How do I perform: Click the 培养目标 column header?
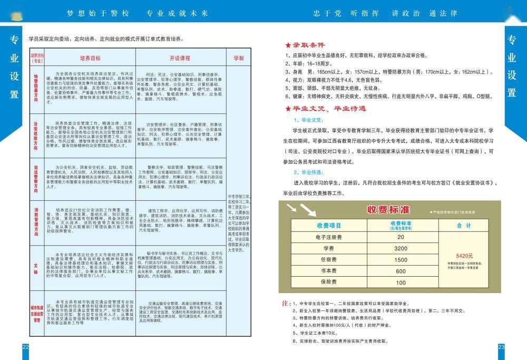[x=90, y=58]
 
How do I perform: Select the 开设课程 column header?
[x=180, y=58]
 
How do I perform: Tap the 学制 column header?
[x=238, y=58]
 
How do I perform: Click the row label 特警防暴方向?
[x=36, y=87]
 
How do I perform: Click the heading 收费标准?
[x=388, y=210]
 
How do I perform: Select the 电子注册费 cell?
[x=329, y=237]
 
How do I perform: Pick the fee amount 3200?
[x=401, y=248]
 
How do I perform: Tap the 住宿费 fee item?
[x=329, y=260]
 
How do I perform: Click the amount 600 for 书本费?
[x=401, y=271]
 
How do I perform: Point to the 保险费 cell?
[x=329, y=283]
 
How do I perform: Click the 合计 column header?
[x=464, y=225]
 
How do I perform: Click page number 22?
[x=25, y=346]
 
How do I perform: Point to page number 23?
[x=501, y=346]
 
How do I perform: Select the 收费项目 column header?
[x=329, y=225]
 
